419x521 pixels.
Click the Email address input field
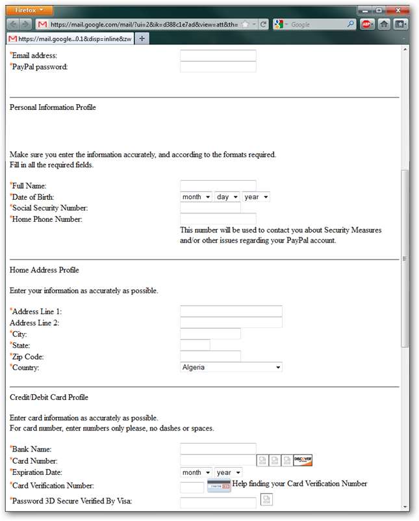(218, 56)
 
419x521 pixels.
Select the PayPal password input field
(218, 67)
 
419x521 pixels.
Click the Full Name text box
(218, 186)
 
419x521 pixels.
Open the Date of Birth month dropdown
(196, 197)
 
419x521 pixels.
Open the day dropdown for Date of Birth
(227, 197)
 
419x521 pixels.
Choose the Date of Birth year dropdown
(256, 197)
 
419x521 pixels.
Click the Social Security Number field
(210, 208)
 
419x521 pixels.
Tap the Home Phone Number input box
(218, 219)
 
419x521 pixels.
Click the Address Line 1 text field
(231, 312)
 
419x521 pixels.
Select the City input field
(210, 334)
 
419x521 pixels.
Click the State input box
(195, 345)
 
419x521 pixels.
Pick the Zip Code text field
(210, 356)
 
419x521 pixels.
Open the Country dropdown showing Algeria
(231, 367)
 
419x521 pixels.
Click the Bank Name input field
(218, 449)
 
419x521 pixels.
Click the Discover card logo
(303, 461)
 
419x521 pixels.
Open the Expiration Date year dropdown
(229, 472)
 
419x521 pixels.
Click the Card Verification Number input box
(192, 487)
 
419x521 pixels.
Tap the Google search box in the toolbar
(318, 24)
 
